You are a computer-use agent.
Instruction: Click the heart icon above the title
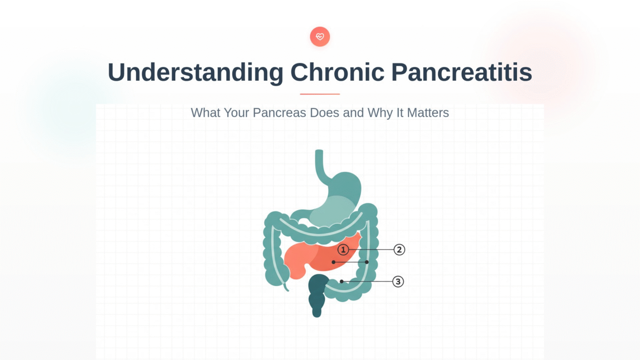(x=320, y=37)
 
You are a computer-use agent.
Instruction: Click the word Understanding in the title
(x=195, y=72)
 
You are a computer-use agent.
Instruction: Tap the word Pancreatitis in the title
(x=461, y=72)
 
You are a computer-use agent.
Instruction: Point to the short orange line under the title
(x=320, y=94)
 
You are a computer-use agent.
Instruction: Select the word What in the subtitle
(x=205, y=113)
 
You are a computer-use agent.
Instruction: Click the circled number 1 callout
(x=343, y=250)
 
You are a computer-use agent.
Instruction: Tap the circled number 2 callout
(x=399, y=250)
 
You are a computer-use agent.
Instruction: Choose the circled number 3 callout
(x=398, y=282)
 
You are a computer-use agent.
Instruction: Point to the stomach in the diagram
(x=340, y=197)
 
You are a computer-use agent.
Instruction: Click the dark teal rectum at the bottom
(x=318, y=295)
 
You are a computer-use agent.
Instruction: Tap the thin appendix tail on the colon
(x=286, y=285)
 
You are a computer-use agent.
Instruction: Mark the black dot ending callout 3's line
(x=342, y=282)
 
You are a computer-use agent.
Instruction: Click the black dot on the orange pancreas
(x=334, y=262)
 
